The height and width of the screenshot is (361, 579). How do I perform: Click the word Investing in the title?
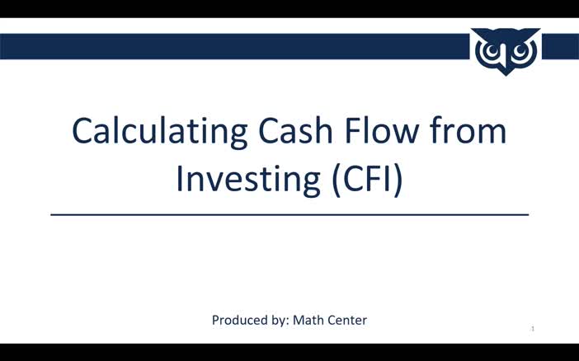click(x=247, y=178)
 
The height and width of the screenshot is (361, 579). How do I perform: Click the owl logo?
click(x=506, y=51)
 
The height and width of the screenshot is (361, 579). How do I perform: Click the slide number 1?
click(x=533, y=329)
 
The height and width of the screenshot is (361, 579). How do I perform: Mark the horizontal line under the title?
click(x=289, y=215)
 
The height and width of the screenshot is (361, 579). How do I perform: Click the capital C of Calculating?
click(x=83, y=132)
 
